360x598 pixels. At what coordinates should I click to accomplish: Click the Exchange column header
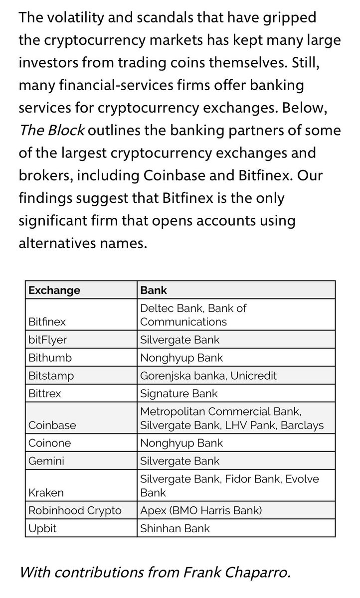point(54,290)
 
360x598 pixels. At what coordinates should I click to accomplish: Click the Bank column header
point(154,290)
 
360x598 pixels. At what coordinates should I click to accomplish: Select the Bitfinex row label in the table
point(47,322)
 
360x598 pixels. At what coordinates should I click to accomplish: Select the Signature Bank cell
point(180,394)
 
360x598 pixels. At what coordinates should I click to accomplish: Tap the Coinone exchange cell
point(49,443)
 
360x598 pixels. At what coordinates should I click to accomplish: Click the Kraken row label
point(46,492)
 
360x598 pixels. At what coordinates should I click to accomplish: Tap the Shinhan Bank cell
point(176,528)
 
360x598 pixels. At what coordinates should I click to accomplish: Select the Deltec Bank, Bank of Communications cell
point(193,315)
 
